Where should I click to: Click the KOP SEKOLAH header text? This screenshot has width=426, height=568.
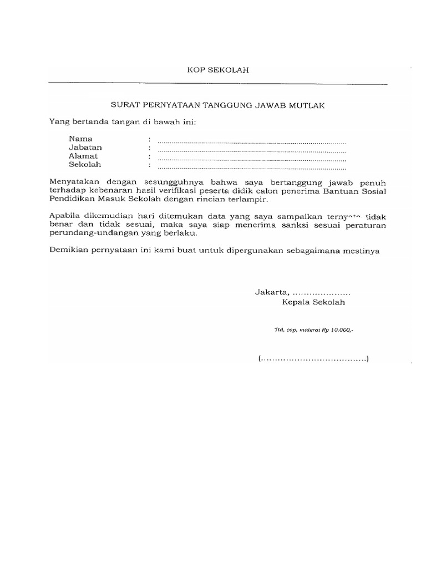(x=217, y=70)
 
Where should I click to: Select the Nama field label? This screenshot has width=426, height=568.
(x=80, y=139)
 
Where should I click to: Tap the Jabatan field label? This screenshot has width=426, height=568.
(x=85, y=148)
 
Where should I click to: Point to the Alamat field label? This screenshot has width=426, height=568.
(x=83, y=156)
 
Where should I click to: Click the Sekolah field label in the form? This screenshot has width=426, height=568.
(x=85, y=165)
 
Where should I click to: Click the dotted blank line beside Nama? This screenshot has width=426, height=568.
(x=251, y=141)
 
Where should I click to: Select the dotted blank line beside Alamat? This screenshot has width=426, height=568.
(x=251, y=159)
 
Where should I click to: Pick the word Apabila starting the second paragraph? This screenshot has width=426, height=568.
(x=64, y=217)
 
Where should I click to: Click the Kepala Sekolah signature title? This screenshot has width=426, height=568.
(x=313, y=302)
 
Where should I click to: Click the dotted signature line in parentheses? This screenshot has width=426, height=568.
(x=313, y=358)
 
